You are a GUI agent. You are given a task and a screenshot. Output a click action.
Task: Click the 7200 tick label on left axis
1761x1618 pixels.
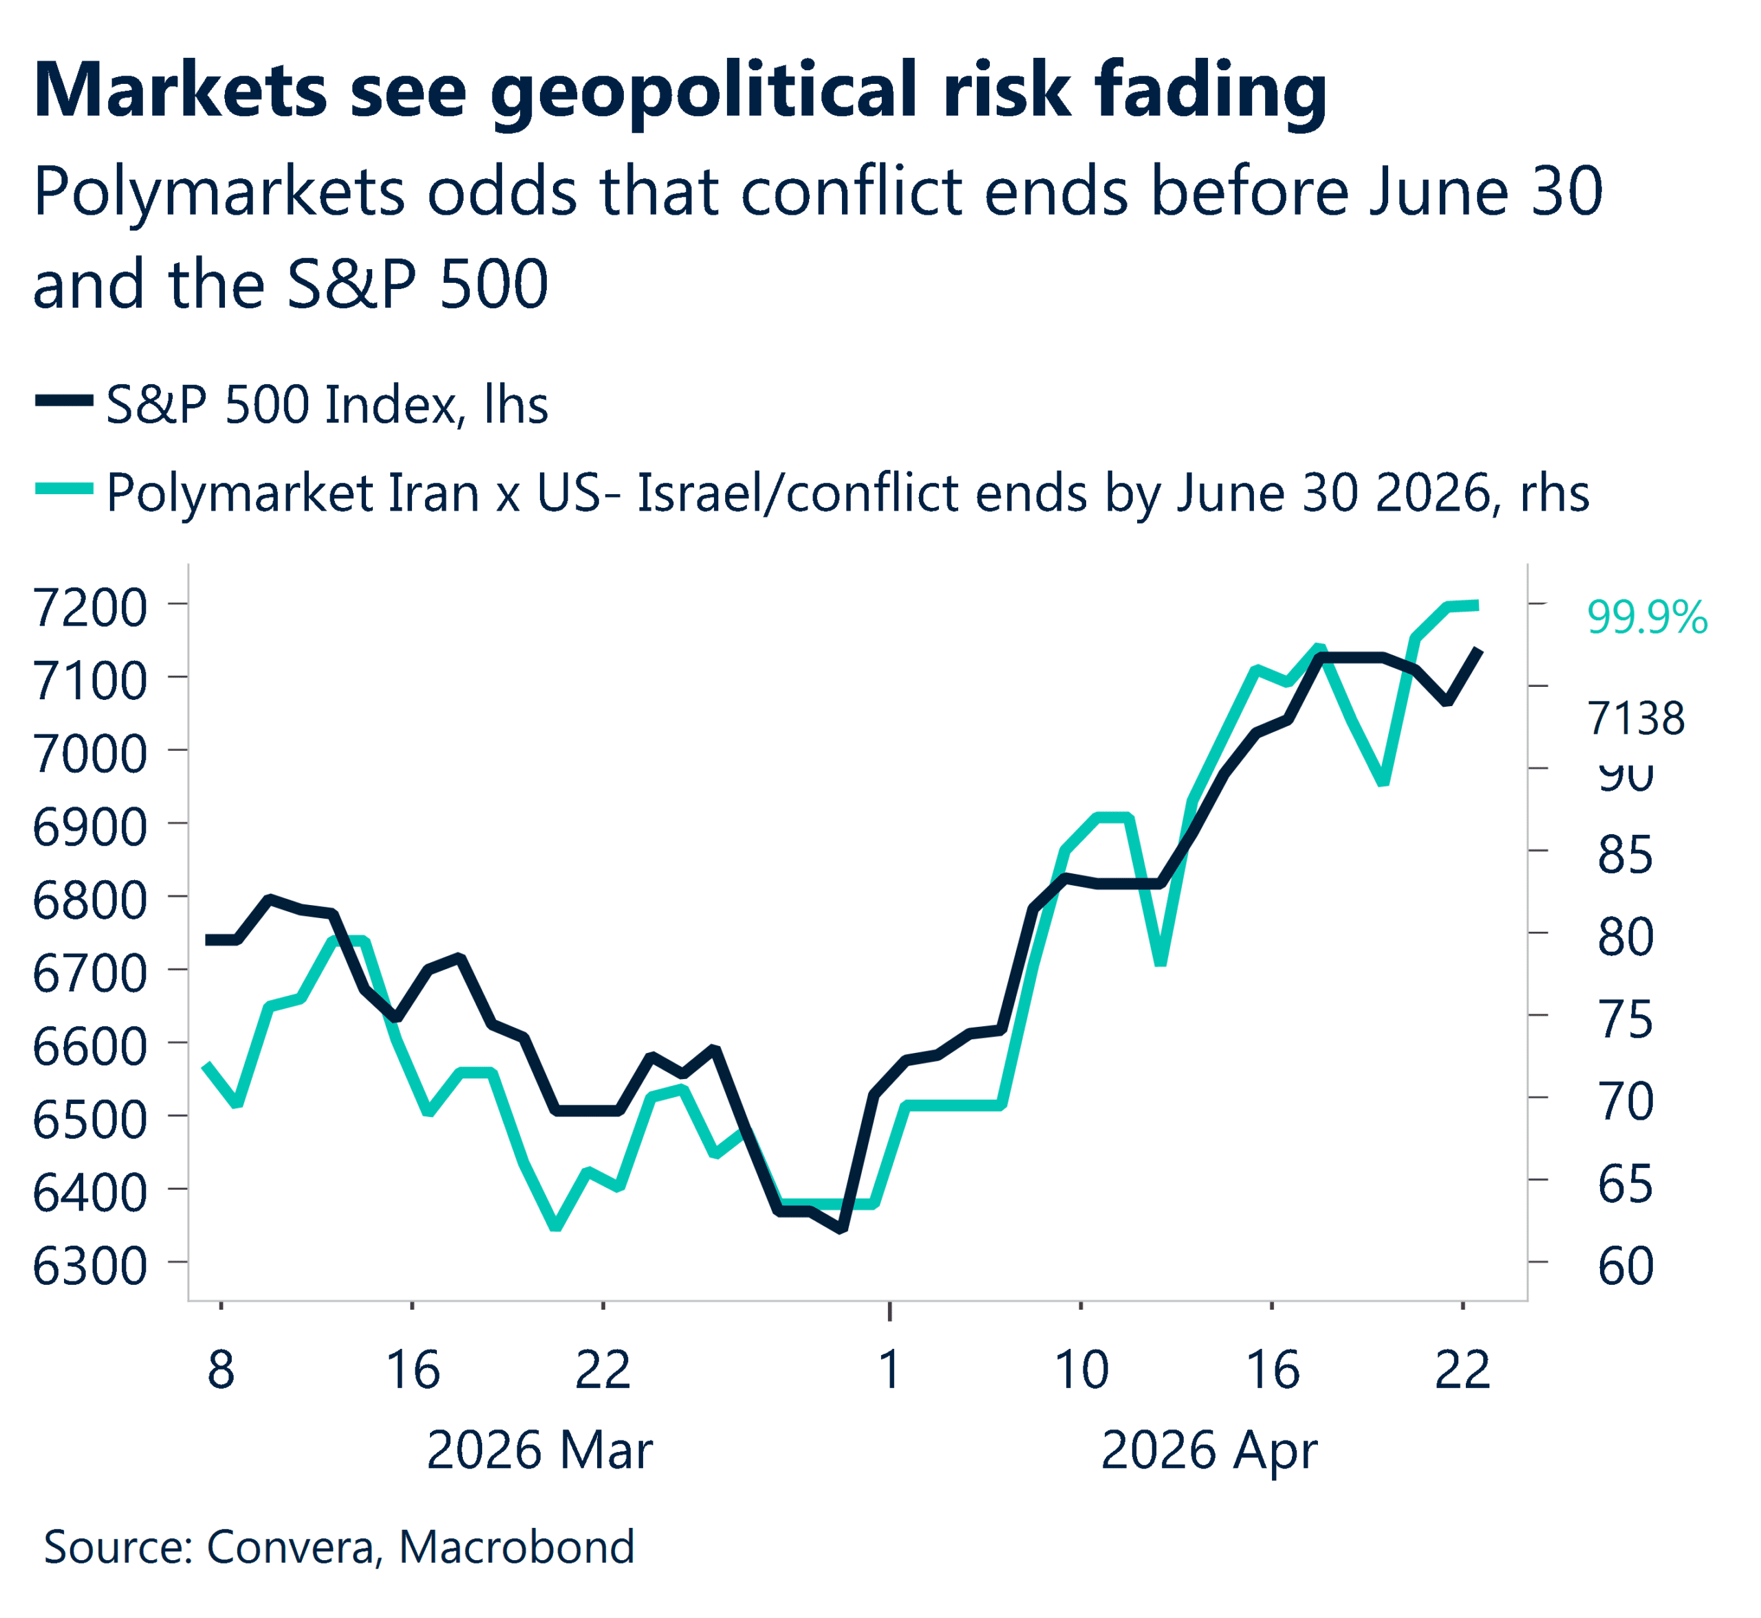click(89, 608)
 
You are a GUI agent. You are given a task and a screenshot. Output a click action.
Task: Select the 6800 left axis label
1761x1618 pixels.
click(89, 901)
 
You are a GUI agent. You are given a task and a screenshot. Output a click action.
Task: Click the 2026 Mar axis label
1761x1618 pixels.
click(539, 1451)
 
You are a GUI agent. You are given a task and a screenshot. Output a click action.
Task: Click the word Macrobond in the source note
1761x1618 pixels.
click(517, 1547)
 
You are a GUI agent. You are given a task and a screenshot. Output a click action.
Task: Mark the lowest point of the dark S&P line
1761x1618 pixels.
click(841, 1229)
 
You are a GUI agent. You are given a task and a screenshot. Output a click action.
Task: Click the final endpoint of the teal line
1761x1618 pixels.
click(1478, 605)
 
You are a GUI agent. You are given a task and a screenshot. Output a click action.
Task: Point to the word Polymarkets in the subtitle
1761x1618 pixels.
click(219, 193)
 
